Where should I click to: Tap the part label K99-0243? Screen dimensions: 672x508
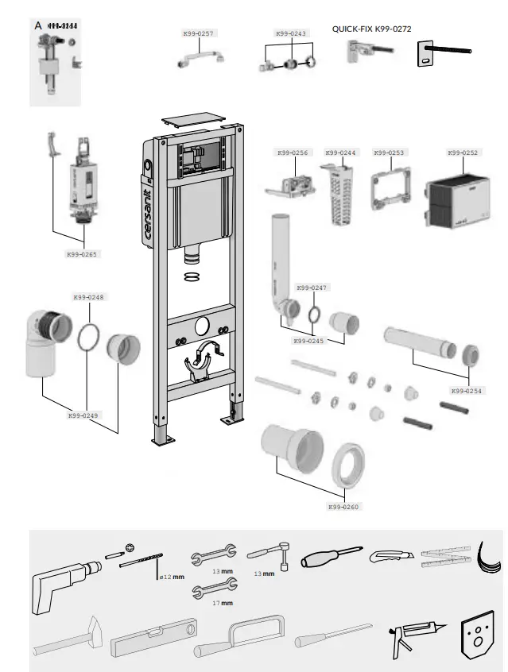[290, 33]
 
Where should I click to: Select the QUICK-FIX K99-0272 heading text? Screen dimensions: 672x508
[371, 29]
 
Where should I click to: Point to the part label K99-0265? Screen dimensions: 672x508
[83, 255]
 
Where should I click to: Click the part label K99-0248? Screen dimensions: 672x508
[88, 297]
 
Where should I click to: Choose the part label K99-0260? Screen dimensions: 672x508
[343, 506]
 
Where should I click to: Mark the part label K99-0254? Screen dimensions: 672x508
[466, 391]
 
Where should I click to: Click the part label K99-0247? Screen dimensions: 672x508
[312, 288]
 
